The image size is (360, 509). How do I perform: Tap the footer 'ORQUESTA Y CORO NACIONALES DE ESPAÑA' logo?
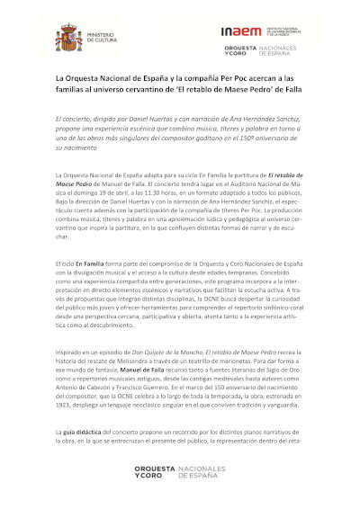[x=181, y=474]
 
